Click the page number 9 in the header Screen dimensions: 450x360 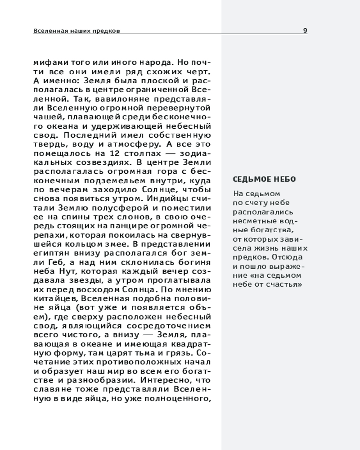pyautogui.click(x=305, y=31)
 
